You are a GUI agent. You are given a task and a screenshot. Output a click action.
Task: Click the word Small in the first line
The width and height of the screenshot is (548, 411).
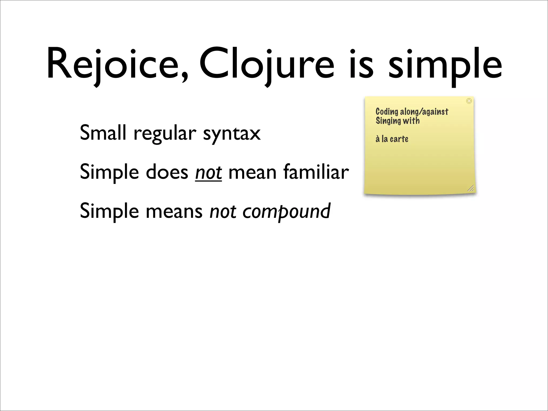[103, 133]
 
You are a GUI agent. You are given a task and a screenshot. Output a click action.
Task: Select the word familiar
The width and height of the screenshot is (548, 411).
[316, 172]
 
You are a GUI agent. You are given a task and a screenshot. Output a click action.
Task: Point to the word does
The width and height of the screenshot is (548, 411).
[167, 172]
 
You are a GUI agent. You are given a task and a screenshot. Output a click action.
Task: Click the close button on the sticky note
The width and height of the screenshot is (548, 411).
[469, 101]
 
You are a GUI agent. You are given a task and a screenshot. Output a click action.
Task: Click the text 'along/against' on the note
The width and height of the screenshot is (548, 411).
[424, 112]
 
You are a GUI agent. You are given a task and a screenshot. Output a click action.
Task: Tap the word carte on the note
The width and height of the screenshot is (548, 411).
[399, 139]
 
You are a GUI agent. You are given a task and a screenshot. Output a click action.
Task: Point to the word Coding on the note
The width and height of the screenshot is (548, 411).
[387, 112]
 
